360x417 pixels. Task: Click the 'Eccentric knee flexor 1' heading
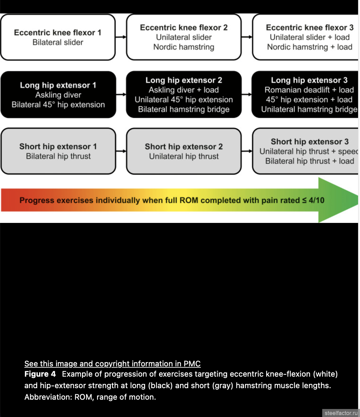[x=58, y=32]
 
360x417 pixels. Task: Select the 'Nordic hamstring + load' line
[x=309, y=47]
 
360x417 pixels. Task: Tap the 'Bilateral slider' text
[x=58, y=42]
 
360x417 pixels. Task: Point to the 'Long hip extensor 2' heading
[x=184, y=80]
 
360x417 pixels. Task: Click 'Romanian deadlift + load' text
[x=309, y=90]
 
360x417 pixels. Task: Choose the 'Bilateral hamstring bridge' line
[x=184, y=110]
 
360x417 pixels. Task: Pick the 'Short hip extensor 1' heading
[x=58, y=146]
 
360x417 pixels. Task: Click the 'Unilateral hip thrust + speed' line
[x=308, y=151]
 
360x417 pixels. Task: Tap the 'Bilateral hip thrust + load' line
[x=309, y=161]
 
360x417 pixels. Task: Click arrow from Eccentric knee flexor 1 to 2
[x=121, y=37]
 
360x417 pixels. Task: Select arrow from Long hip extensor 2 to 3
[x=247, y=94]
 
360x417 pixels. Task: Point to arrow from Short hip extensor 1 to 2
[x=121, y=151]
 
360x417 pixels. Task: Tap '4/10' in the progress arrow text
[x=316, y=200]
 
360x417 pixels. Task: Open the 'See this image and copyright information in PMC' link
[x=112, y=364]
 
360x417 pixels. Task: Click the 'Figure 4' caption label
[x=40, y=374]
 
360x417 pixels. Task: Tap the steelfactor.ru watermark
[x=341, y=413]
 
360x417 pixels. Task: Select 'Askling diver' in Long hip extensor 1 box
[x=58, y=95]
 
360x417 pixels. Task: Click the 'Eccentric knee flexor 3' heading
[x=309, y=28]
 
